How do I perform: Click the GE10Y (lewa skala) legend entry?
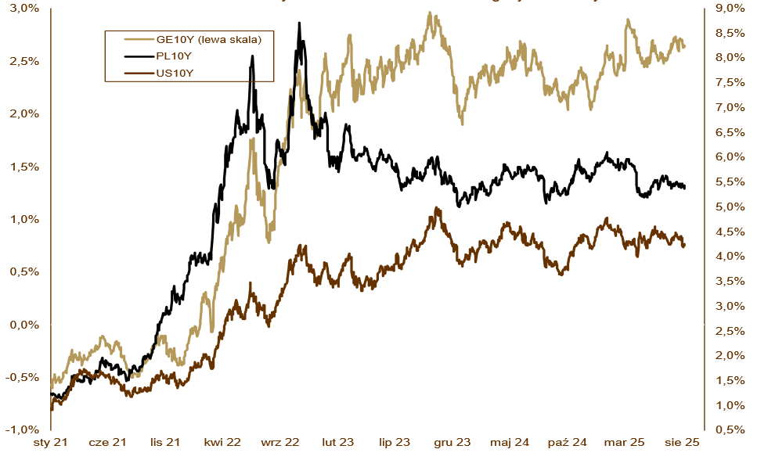pos(208,39)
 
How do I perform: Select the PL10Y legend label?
pos(169,56)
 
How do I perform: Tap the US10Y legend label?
pos(170,73)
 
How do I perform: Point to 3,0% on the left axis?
pos(24,8)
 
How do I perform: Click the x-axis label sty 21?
pos(50,443)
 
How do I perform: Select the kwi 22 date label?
pos(223,443)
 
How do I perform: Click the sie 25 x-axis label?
pos(683,443)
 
